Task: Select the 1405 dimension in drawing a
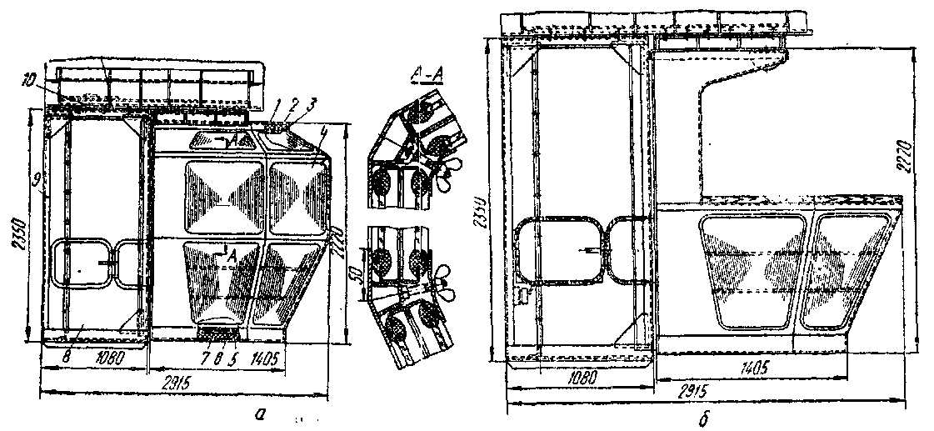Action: click(266, 358)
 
